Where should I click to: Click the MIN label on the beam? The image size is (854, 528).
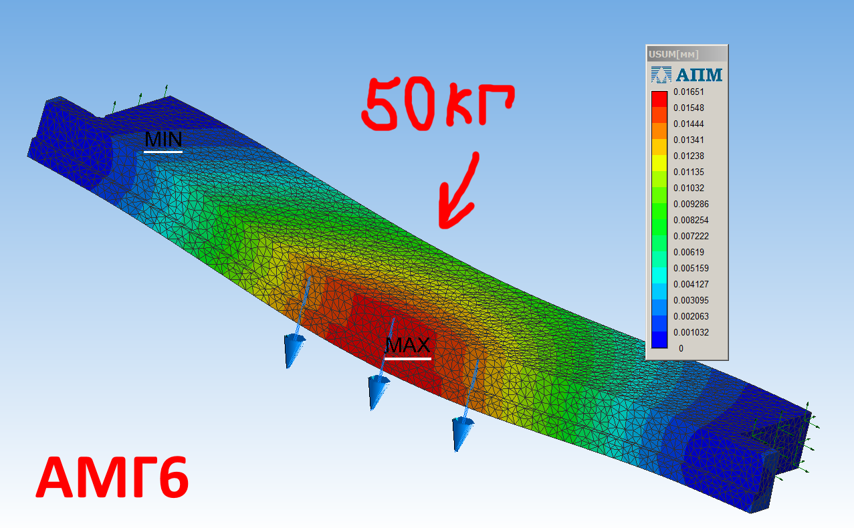[x=163, y=139]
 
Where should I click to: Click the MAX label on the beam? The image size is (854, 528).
[x=407, y=345]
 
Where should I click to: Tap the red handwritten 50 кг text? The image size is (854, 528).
[x=437, y=104]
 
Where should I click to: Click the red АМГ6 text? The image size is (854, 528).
[x=112, y=477]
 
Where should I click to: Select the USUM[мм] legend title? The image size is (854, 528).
[x=673, y=55]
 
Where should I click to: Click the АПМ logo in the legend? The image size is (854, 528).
[x=687, y=75]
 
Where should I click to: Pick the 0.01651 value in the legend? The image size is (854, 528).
[x=689, y=92]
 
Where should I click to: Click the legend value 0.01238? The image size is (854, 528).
[x=689, y=156]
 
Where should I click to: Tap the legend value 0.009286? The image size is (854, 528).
[x=691, y=205]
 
